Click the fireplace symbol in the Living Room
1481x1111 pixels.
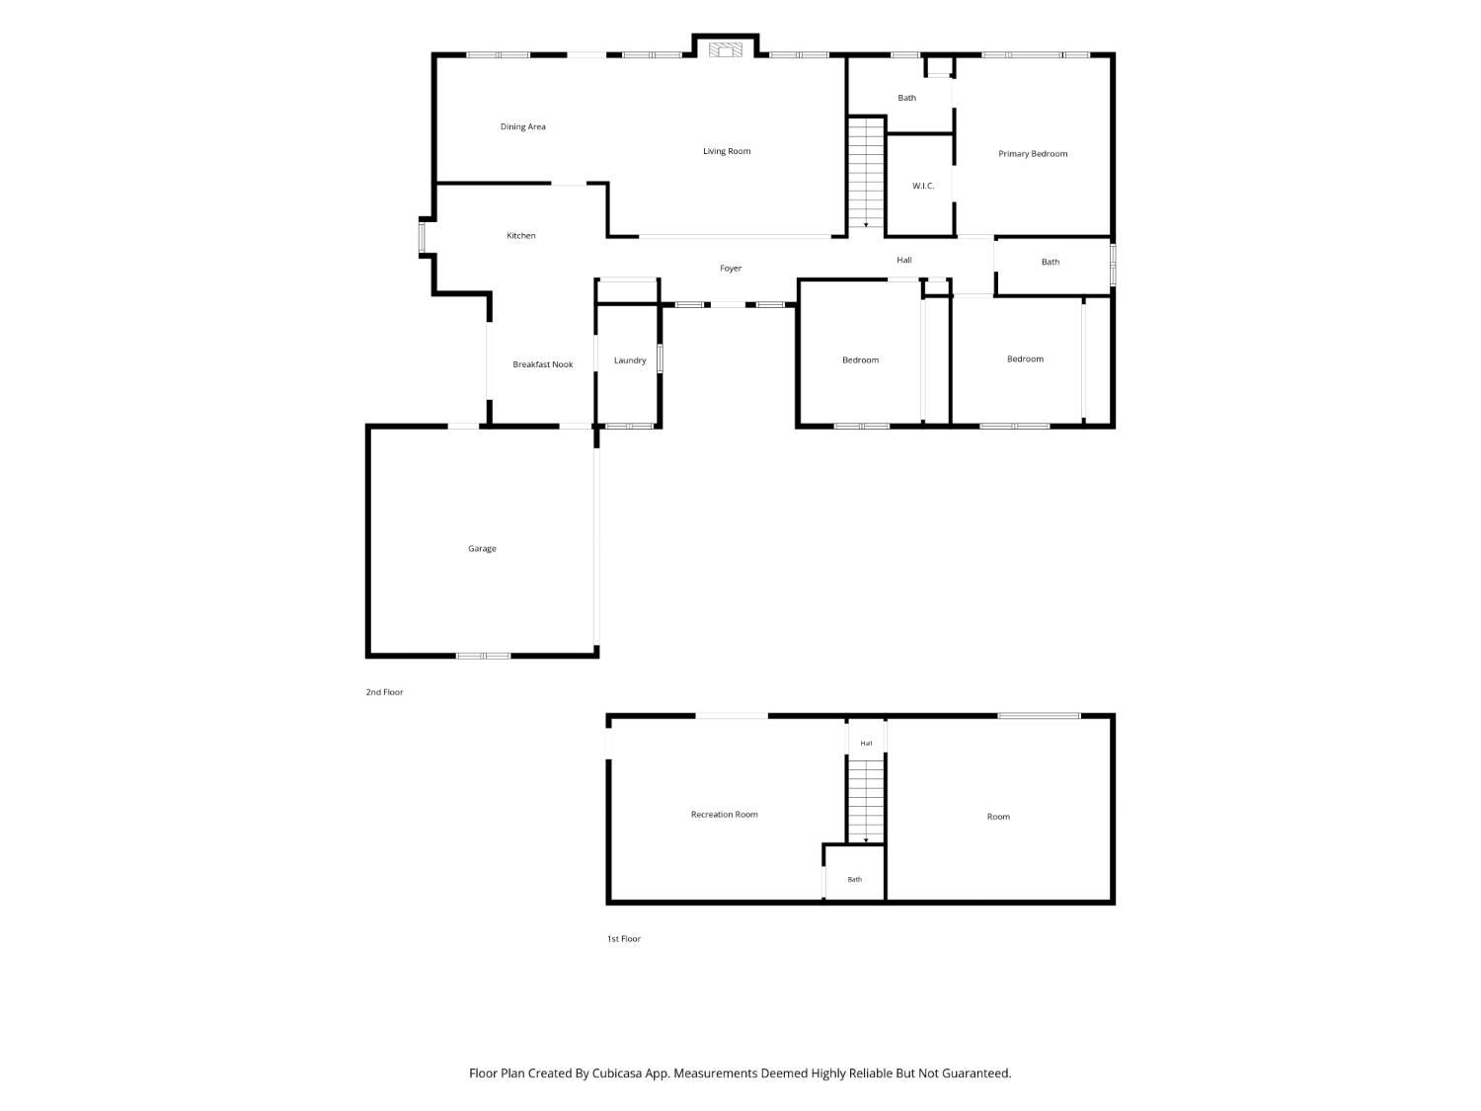click(x=726, y=50)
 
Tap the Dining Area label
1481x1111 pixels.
click(x=523, y=126)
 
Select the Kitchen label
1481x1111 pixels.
click(x=521, y=235)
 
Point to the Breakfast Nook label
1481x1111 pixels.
click(x=542, y=364)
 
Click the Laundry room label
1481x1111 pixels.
click(x=630, y=360)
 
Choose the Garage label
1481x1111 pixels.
click(x=482, y=549)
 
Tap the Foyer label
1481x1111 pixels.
click(x=730, y=269)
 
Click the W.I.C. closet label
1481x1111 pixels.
click(x=923, y=187)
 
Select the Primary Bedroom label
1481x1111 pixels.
click(x=1033, y=154)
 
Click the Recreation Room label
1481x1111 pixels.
click(x=724, y=815)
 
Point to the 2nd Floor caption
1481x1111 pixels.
click(x=384, y=692)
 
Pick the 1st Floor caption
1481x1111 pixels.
click(x=623, y=939)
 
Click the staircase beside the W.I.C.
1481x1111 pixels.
click(x=866, y=173)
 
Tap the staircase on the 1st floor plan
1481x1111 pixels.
click(x=866, y=801)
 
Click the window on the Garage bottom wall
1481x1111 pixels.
click(x=483, y=656)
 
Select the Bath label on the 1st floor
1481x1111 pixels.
click(x=854, y=880)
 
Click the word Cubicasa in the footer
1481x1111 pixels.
click(x=617, y=1073)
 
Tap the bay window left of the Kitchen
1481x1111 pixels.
click(x=422, y=237)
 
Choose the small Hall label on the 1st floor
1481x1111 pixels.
click(x=866, y=744)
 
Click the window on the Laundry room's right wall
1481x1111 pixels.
click(x=660, y=358)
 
